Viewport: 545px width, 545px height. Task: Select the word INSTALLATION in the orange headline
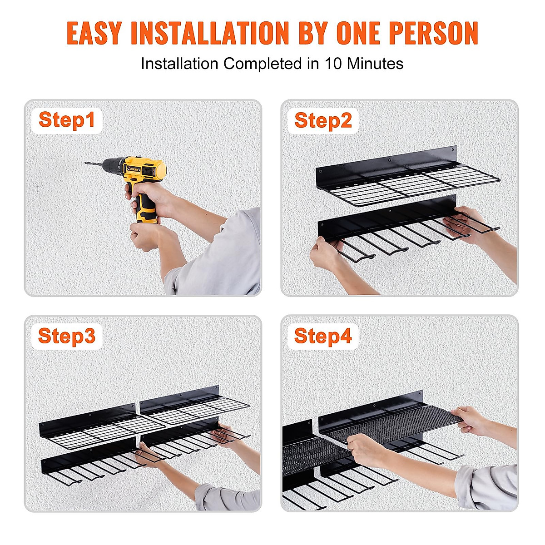[209, 33]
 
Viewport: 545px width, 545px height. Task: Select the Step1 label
[67, 120]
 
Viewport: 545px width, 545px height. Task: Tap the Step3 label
[67, 337]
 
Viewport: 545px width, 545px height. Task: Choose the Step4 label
[323, 337]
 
